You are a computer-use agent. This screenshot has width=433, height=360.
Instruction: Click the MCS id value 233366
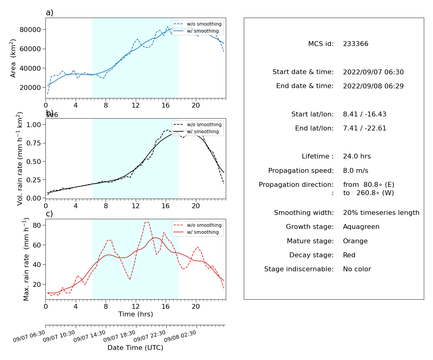[x=355, y=44]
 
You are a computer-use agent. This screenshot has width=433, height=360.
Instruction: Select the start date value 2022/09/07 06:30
[x=373, y=72]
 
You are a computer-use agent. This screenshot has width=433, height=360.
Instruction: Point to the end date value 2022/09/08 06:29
[x=373, y=86]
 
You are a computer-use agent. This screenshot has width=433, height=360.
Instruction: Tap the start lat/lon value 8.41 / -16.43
[x=365, y=114]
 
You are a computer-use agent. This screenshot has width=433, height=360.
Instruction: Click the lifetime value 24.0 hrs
[x=357, y=156]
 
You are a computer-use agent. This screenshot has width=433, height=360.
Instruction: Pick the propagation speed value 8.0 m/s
[x=355, y=170]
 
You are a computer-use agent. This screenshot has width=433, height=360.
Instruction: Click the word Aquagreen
[x=361, y=227]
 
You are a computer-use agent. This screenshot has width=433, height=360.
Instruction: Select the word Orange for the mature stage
[x=355, y=241]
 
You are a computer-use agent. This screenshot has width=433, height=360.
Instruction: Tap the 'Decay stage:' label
[x=311, y=255]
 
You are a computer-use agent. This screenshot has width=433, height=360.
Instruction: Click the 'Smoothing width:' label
[x=304, y=213]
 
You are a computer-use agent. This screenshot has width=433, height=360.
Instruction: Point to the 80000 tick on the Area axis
[x=30, y=30]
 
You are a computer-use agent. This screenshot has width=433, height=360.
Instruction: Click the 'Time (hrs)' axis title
[x=135, y=314]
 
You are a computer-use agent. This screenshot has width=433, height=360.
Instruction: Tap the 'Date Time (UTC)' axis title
[x=135, y=348]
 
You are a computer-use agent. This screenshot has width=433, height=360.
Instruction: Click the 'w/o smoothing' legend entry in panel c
[x=198, y=225]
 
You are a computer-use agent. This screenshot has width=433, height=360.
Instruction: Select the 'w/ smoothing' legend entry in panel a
[x=196, y=31]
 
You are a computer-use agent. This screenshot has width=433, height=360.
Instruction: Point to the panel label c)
[x=49, y=214]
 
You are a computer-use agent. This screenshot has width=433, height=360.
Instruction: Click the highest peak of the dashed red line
[x=147, y=222]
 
